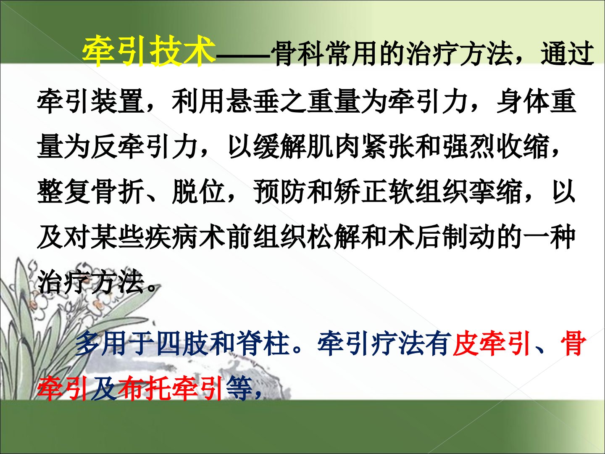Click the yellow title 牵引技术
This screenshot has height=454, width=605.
[149, 52]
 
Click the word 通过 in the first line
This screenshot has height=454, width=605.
[567, 54]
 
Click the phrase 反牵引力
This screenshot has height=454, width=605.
[145, 147]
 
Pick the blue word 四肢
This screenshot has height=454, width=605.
[183, 345]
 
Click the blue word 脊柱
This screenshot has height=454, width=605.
[264, 345]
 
